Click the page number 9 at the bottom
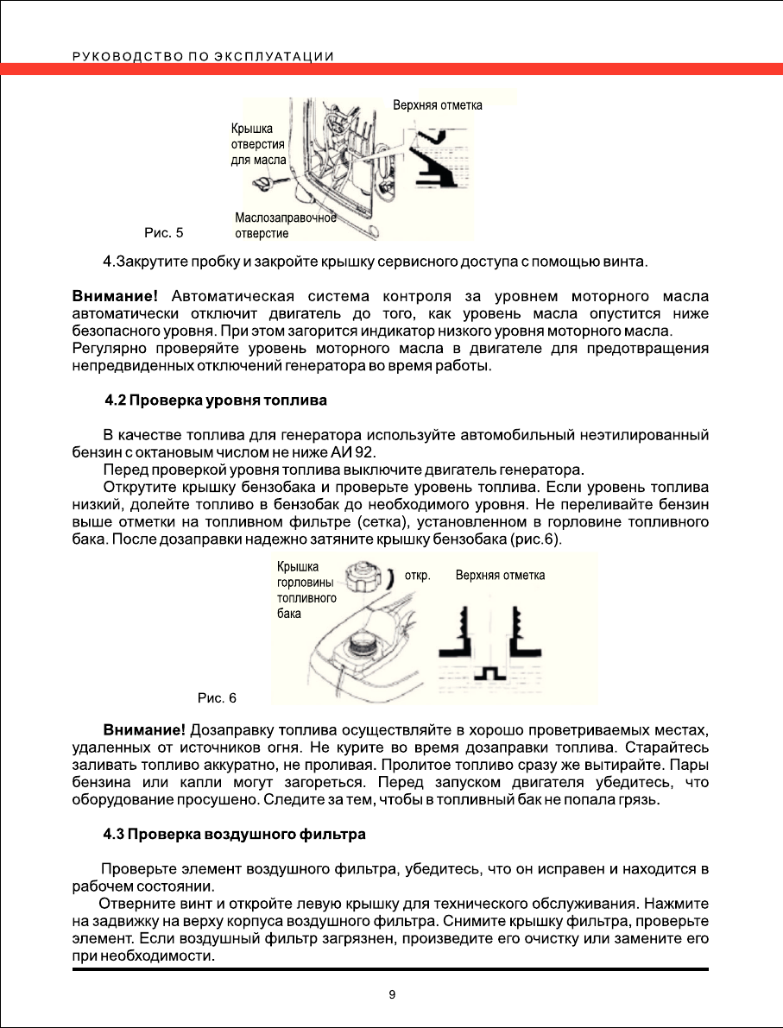392,994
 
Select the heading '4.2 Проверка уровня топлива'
215,400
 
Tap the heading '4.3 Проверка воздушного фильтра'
234,835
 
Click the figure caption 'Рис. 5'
163,232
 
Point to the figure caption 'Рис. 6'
217,697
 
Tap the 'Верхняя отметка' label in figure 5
437,105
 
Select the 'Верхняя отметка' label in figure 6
500,575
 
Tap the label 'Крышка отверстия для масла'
258,144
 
